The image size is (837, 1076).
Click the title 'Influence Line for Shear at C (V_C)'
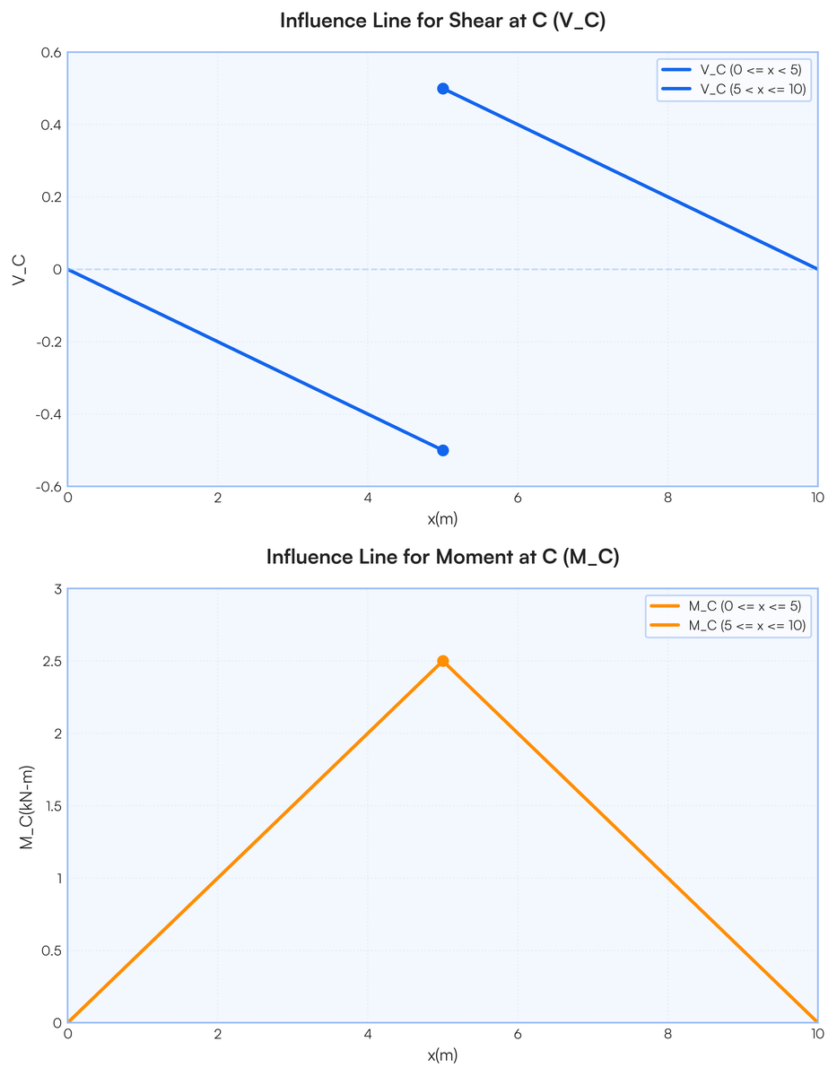point(442,22)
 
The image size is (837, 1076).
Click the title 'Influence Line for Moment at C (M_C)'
point(442,557)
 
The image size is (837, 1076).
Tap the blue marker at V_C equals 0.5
point(442,89)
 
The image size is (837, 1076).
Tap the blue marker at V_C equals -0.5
point(442,450)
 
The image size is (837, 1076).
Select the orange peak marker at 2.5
point(442,661)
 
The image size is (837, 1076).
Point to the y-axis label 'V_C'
point(19,269)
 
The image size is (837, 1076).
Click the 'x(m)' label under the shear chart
point(442,518)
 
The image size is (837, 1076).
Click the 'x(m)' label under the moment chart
point(442,1054)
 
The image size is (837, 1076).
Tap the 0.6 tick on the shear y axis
point(50,53)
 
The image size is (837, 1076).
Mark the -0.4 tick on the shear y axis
point(48,414)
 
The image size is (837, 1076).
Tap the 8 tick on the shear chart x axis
point(667,498)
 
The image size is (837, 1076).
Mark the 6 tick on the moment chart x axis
point(517,1034)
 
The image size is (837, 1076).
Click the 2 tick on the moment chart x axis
point(217,1034)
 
